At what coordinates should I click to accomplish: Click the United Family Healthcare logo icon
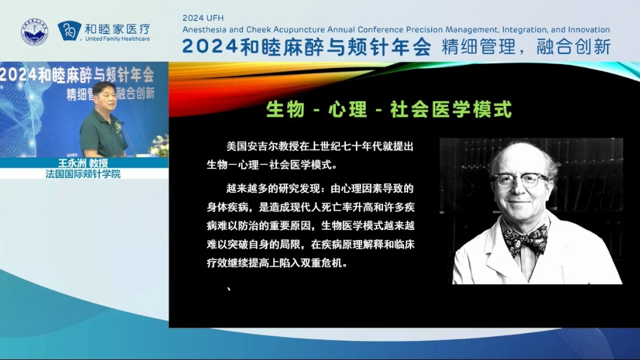tap(70, 31)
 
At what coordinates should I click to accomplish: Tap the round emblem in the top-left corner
tap(35, 32)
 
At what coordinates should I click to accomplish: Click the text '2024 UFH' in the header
tap(203, 18)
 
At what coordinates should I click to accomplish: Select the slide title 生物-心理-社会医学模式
tap(389, 109)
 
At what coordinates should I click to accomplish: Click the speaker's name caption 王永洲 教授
tap(83, 163)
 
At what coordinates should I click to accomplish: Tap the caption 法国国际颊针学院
tap(83, 174)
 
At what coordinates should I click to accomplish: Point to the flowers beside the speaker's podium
tap(159, 145)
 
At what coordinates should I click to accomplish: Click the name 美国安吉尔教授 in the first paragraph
tap(258, 145)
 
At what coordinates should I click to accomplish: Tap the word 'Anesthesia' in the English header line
tap(204, 29)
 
